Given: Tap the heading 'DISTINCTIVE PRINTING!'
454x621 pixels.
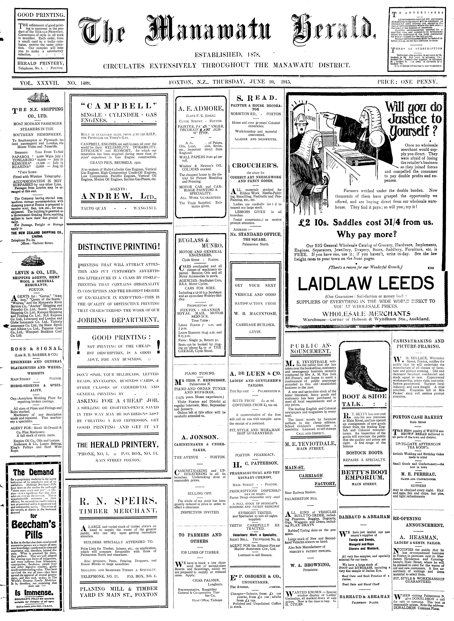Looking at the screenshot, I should pos(119,246).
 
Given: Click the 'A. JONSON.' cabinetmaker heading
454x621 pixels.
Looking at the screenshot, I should pos(200,437).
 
